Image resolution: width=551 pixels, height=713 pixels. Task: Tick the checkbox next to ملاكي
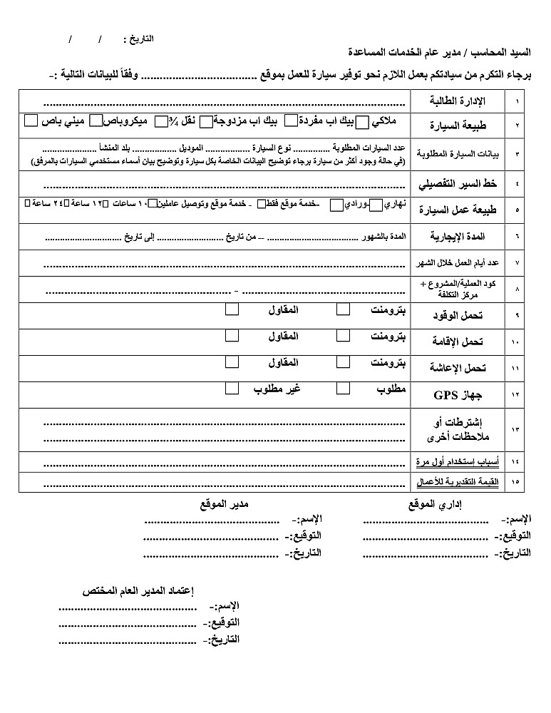[x=362, y=123]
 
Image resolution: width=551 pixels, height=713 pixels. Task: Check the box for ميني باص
[x=30, y=120]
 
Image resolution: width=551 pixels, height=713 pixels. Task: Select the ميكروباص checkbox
[x=97, y=121]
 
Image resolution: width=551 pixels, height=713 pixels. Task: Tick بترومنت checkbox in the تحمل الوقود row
[x=344, y=309]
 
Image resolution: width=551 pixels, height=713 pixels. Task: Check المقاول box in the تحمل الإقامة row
[x=232, y=335]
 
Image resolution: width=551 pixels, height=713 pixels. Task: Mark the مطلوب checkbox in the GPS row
[x=344, y=389]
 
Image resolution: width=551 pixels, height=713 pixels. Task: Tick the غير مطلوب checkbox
[x=232, y=389]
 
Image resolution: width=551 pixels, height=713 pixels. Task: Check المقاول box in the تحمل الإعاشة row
[x=232, y=361]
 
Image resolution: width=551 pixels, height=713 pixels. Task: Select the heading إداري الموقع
[x=437, y=505]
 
